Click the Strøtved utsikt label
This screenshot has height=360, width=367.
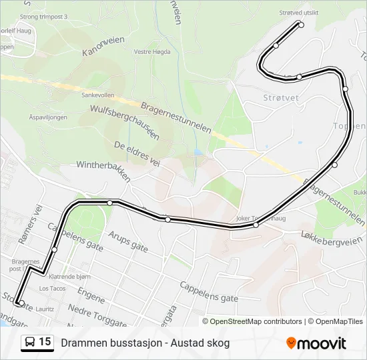click(298, 13)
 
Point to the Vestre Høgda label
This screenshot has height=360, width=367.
click(150, 51)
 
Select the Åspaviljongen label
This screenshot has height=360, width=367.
click(48, 116)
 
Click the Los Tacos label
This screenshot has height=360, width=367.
click(52, 288)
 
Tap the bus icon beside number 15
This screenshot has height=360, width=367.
click(30, 342)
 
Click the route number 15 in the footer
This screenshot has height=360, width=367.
click(45, 342)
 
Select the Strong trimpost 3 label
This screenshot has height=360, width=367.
click(44, 16)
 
